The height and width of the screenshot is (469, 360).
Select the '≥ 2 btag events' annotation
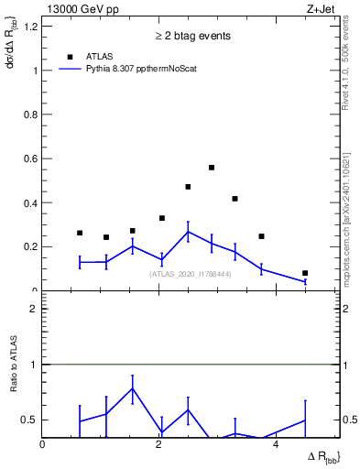click(x=191, y=36)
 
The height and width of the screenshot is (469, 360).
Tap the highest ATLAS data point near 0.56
click(x=212, y=168)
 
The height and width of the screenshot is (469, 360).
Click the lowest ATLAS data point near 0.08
click(x=305, y=273)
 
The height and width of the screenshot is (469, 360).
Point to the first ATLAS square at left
click(x=80, y=233)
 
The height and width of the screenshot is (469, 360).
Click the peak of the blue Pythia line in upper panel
click(x=187, y=232)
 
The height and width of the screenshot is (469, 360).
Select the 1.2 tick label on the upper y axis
click(x=29, y=26)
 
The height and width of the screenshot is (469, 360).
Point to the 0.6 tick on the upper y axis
click(x=29, y=158)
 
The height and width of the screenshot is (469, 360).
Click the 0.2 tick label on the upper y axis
click(x=29, y=246)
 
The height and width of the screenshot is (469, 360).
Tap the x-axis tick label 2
click(x=159, y=444)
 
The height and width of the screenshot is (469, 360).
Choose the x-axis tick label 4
click(x=277, y=444)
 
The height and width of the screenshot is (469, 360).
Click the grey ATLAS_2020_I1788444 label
click(x=191, y=274)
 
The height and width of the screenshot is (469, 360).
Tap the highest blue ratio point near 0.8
click(x=133, y=388)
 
